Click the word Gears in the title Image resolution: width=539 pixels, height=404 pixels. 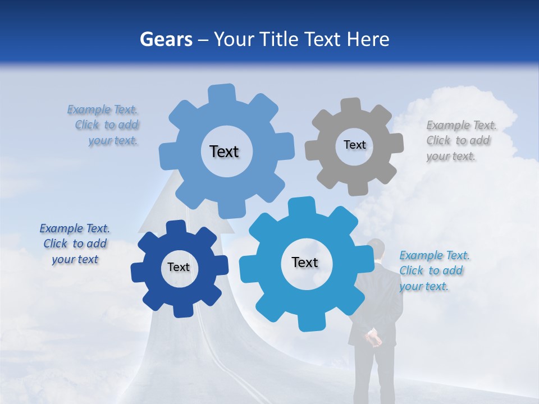166,39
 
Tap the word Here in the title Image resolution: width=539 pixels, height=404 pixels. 368,39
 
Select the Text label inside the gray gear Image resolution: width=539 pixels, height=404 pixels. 354,145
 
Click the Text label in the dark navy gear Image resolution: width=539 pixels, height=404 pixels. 179,268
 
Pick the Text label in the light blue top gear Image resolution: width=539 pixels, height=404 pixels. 224,151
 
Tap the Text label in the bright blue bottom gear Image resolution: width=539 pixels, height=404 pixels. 305,263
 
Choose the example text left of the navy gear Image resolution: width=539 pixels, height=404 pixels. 75,244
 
